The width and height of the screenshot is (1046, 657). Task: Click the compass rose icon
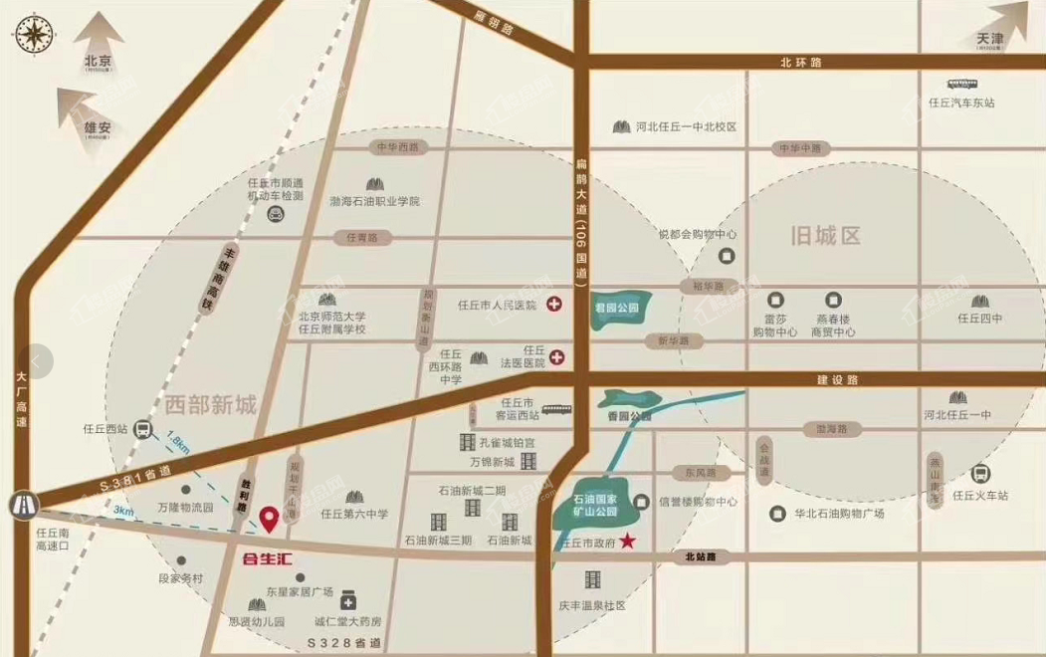tap(33, 34)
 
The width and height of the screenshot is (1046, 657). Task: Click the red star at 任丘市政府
tap(628, 542)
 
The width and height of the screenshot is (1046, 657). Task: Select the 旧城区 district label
tap(824, 237)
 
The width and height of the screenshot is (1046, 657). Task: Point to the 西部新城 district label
tap(211, 405)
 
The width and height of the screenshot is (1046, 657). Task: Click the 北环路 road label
tap(801, 63)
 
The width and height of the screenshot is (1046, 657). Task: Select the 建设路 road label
tap(837, 379)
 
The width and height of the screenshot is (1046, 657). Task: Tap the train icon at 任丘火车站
tap(980, 474)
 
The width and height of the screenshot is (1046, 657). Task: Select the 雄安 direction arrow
tap(83, 107)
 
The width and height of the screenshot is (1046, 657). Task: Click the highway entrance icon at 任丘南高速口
tap(21, 504)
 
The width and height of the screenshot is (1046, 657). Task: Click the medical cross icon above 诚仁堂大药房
tap(349, 601)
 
